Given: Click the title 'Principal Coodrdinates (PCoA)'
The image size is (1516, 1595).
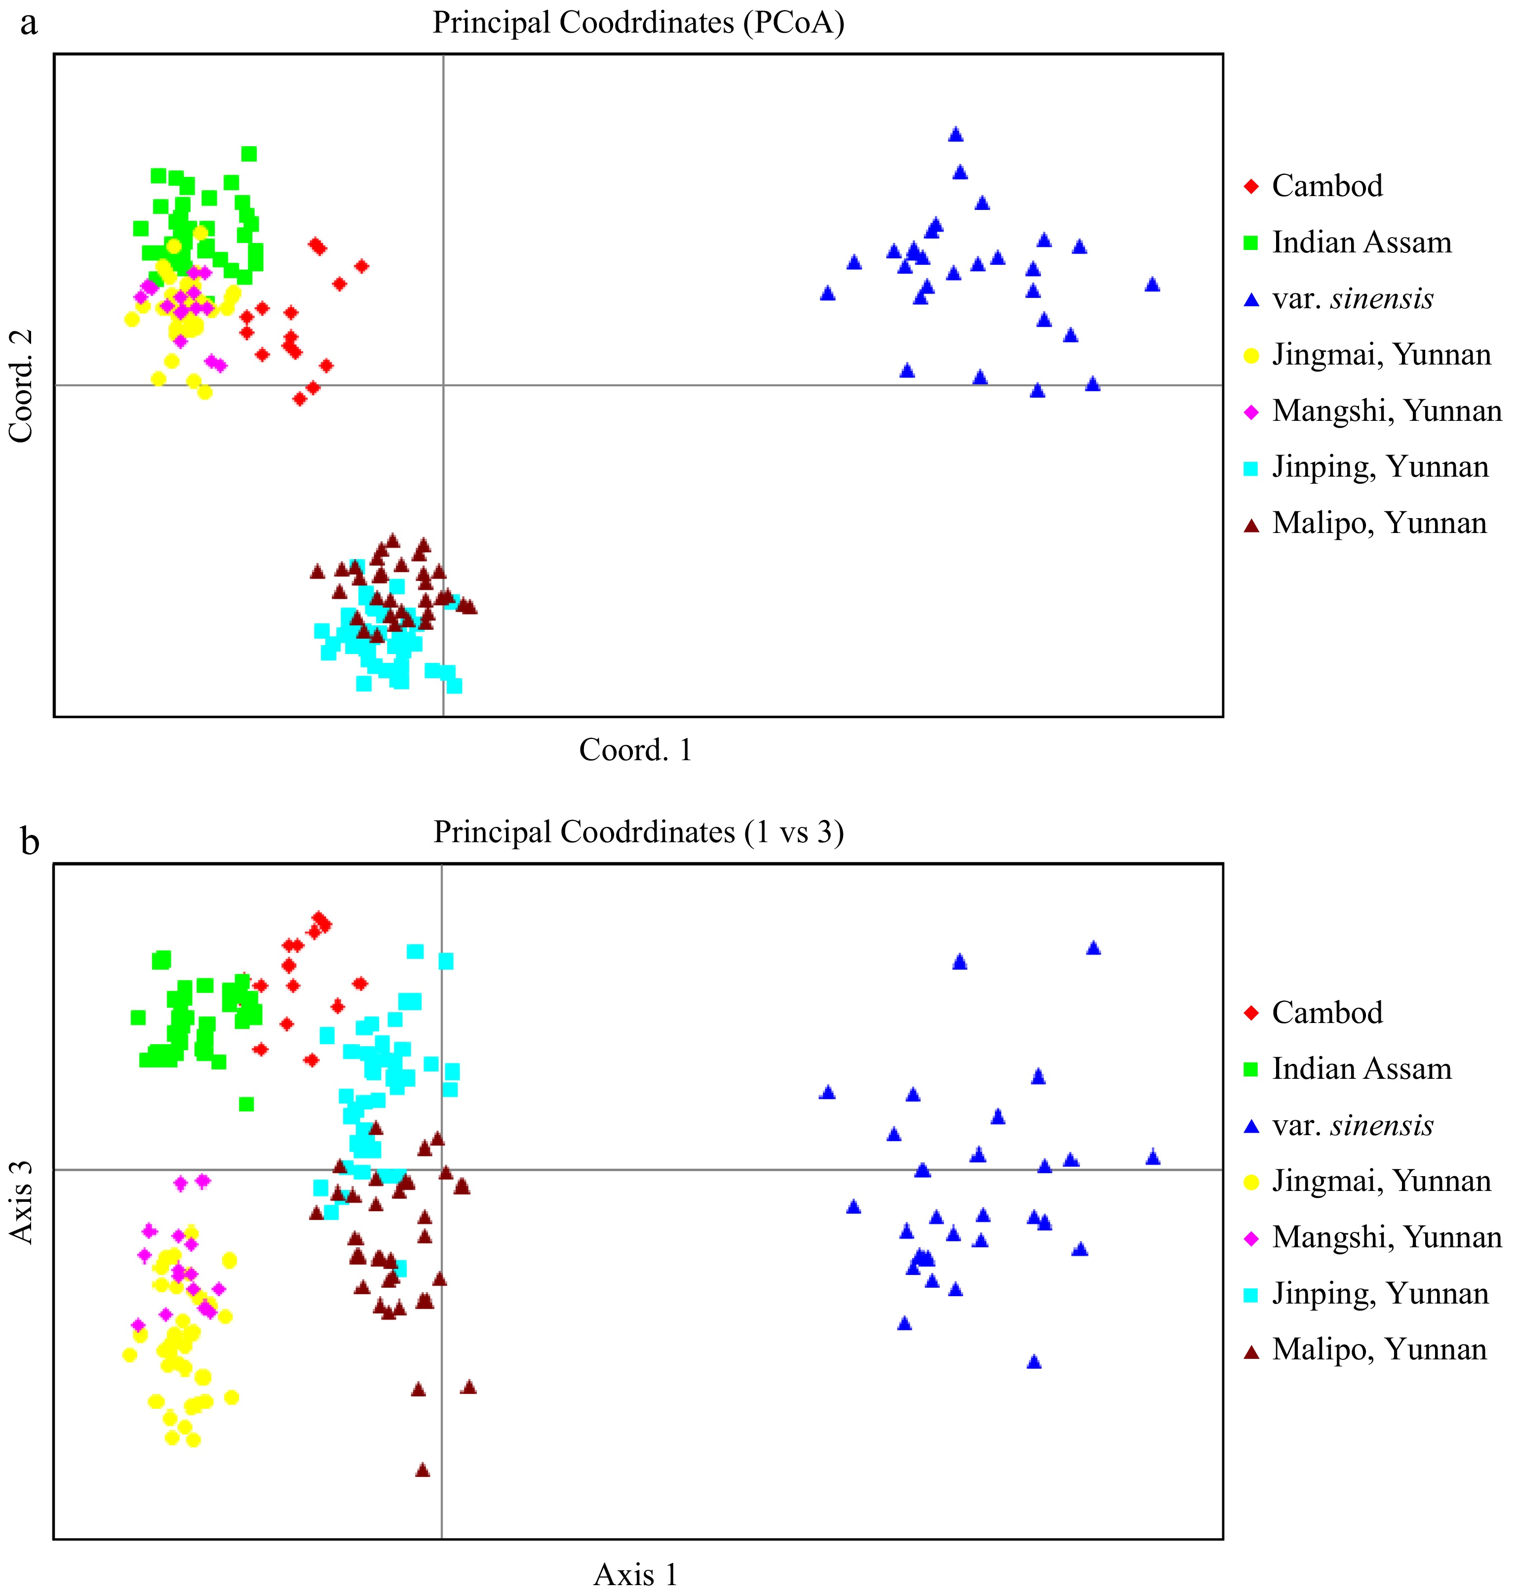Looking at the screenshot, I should (x=638, y=23).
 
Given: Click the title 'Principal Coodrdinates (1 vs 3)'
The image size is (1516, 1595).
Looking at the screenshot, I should (x=638, y=832).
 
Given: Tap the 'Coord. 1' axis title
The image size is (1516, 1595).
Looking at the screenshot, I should (x=635, y=750).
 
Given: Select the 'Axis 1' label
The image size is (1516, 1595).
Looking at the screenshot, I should (x=635, y=1574).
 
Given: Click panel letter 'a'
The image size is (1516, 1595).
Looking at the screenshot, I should (x=29, y=24).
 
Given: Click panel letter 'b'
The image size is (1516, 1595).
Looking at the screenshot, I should (x=30, y=842).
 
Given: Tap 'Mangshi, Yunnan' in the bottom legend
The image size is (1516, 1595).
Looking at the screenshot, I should (x=1386, y=1237).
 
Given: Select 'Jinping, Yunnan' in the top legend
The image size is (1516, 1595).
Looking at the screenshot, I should (x=1379, y=467).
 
